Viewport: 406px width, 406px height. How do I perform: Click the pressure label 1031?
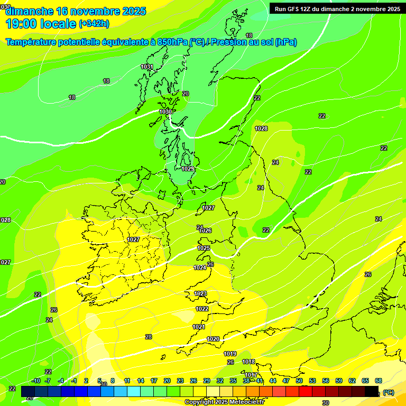(147, 67)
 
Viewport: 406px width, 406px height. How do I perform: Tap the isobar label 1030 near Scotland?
(165, 112)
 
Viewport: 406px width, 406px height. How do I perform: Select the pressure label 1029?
(188, 169)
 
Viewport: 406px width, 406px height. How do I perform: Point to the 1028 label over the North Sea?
(261, 128)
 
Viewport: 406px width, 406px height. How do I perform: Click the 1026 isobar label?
(205, 230)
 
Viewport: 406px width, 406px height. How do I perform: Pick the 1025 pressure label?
(204, 248)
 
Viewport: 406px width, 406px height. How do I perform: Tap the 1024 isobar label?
(200, 267)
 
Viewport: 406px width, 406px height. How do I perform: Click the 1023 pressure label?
(200, 293)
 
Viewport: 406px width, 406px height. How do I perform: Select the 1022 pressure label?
(202, 309)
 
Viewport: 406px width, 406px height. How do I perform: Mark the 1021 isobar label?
(198, 327)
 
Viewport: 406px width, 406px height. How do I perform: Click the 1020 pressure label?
(213, 339)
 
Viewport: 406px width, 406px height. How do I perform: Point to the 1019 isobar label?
(230, 354)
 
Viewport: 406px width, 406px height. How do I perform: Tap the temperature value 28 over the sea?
(149, 337)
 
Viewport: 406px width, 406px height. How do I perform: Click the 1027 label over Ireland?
(133, 239)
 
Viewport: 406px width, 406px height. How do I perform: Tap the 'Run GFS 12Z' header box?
(337, 8)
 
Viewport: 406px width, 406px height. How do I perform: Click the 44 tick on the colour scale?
(273, 381)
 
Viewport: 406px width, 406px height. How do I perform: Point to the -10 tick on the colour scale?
(36, 381)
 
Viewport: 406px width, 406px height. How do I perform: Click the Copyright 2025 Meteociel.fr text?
(224, 402)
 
